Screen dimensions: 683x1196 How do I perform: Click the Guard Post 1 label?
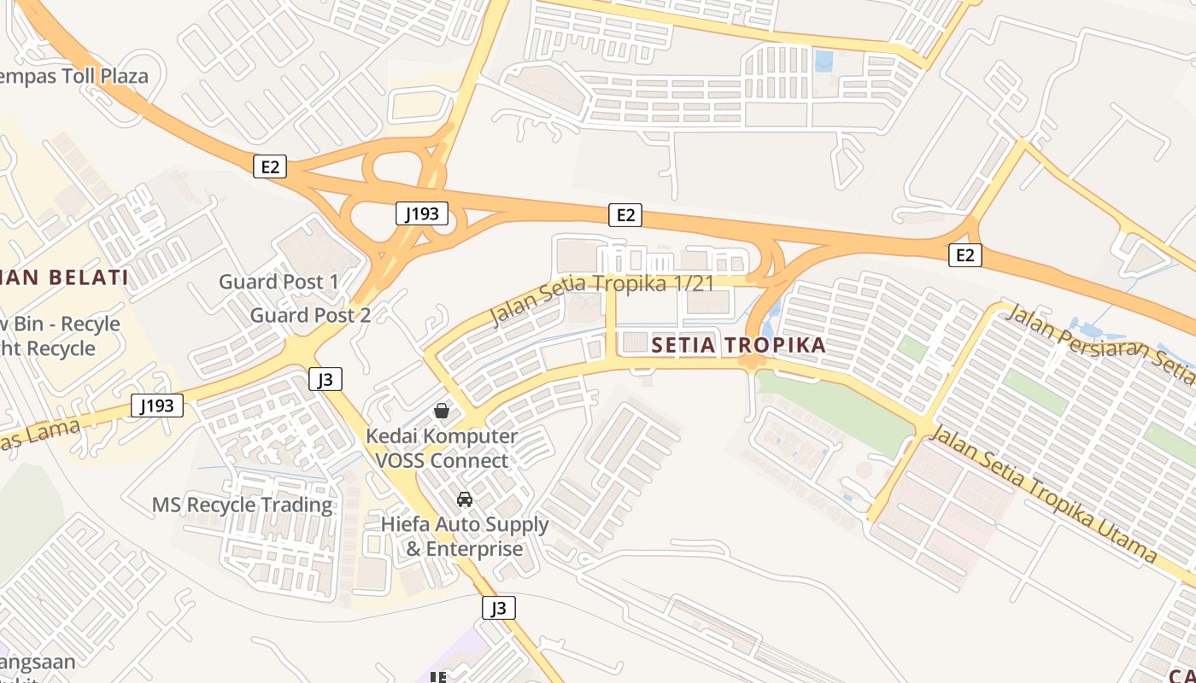(x=278, y=282)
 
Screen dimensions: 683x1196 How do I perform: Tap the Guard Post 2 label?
(x=310, y=315)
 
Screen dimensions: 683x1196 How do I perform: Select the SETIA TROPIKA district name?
(x=738, y=345)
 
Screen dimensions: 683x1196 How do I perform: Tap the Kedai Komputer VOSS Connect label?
(x=442, y=448)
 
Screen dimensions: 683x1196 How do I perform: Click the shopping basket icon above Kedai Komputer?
(x=442, y=411)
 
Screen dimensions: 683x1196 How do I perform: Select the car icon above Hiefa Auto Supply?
(x=465, y=499)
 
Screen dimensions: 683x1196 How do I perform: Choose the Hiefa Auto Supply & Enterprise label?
(x=465, y=536)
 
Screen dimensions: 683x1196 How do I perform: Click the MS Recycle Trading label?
(x=243, y=505)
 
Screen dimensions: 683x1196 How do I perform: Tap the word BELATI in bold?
(x=89, y=277)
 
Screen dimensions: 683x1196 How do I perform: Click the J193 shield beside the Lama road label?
(x=157, y=406)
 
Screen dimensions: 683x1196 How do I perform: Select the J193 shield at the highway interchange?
(x=422, y=213)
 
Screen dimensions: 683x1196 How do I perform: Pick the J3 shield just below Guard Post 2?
(x=325, y=379)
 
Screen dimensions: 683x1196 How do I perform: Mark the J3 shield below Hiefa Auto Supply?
(x=499, y=608)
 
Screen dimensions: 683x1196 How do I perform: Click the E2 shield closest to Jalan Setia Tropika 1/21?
(x=625, y=215)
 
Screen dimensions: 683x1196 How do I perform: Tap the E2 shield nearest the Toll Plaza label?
(x=269, y=166)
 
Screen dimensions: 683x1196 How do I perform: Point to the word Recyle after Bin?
(x=90, y=324)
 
